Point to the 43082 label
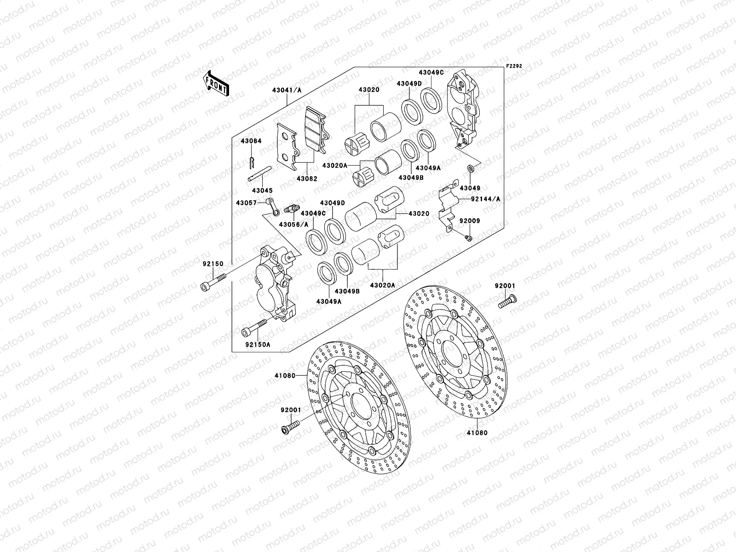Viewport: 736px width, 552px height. tap(306, 178)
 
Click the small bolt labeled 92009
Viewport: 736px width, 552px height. tap(468, 237)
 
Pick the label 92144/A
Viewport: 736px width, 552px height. tap(485, 199)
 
